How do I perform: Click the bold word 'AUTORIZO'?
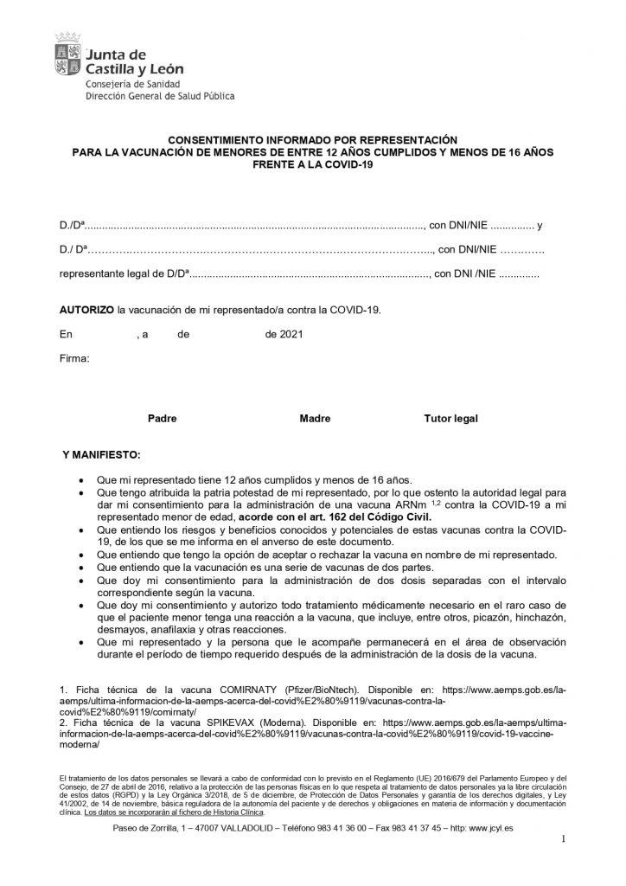tap(86, 308)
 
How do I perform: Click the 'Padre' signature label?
tap(162, 418)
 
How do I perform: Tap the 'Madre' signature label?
tap(315, 418)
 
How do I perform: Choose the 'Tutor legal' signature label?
tap(450, 418)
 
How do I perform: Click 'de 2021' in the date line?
tap(284, 333)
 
